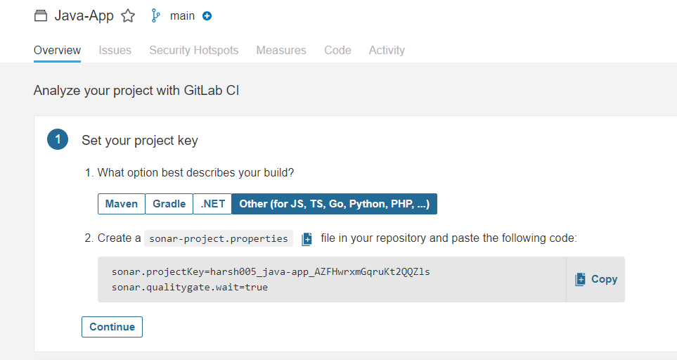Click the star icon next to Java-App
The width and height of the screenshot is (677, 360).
tap(128, 16)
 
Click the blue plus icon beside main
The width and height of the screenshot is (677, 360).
tap(207, 16)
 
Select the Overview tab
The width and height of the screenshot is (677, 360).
tap(57, 51)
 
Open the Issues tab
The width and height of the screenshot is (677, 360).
tap(115, 51)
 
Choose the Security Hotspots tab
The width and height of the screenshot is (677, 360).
tap(193, 51)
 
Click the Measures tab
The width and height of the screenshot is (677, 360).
tap(281, 51)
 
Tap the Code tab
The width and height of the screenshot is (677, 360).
tap(337, 51)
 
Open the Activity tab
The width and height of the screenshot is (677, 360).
tap(387, 51)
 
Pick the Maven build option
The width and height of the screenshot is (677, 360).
tap(122, 204)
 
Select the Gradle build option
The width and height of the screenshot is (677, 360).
tap(169, 204)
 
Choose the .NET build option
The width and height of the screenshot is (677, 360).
tap(212, 204)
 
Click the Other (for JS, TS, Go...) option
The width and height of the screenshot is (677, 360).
tap(334, 204)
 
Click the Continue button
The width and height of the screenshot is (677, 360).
tap(112, 327)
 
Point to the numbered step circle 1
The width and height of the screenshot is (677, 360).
tap(57, 140)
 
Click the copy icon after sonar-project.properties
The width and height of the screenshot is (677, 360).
tap(307, 239)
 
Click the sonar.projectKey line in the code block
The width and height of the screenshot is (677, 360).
tap(271, 271)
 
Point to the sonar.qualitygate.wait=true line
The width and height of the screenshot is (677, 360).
tap(190, 287)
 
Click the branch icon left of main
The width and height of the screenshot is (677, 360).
tap(156, 16)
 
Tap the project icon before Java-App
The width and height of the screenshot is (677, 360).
tap(41, 16)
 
